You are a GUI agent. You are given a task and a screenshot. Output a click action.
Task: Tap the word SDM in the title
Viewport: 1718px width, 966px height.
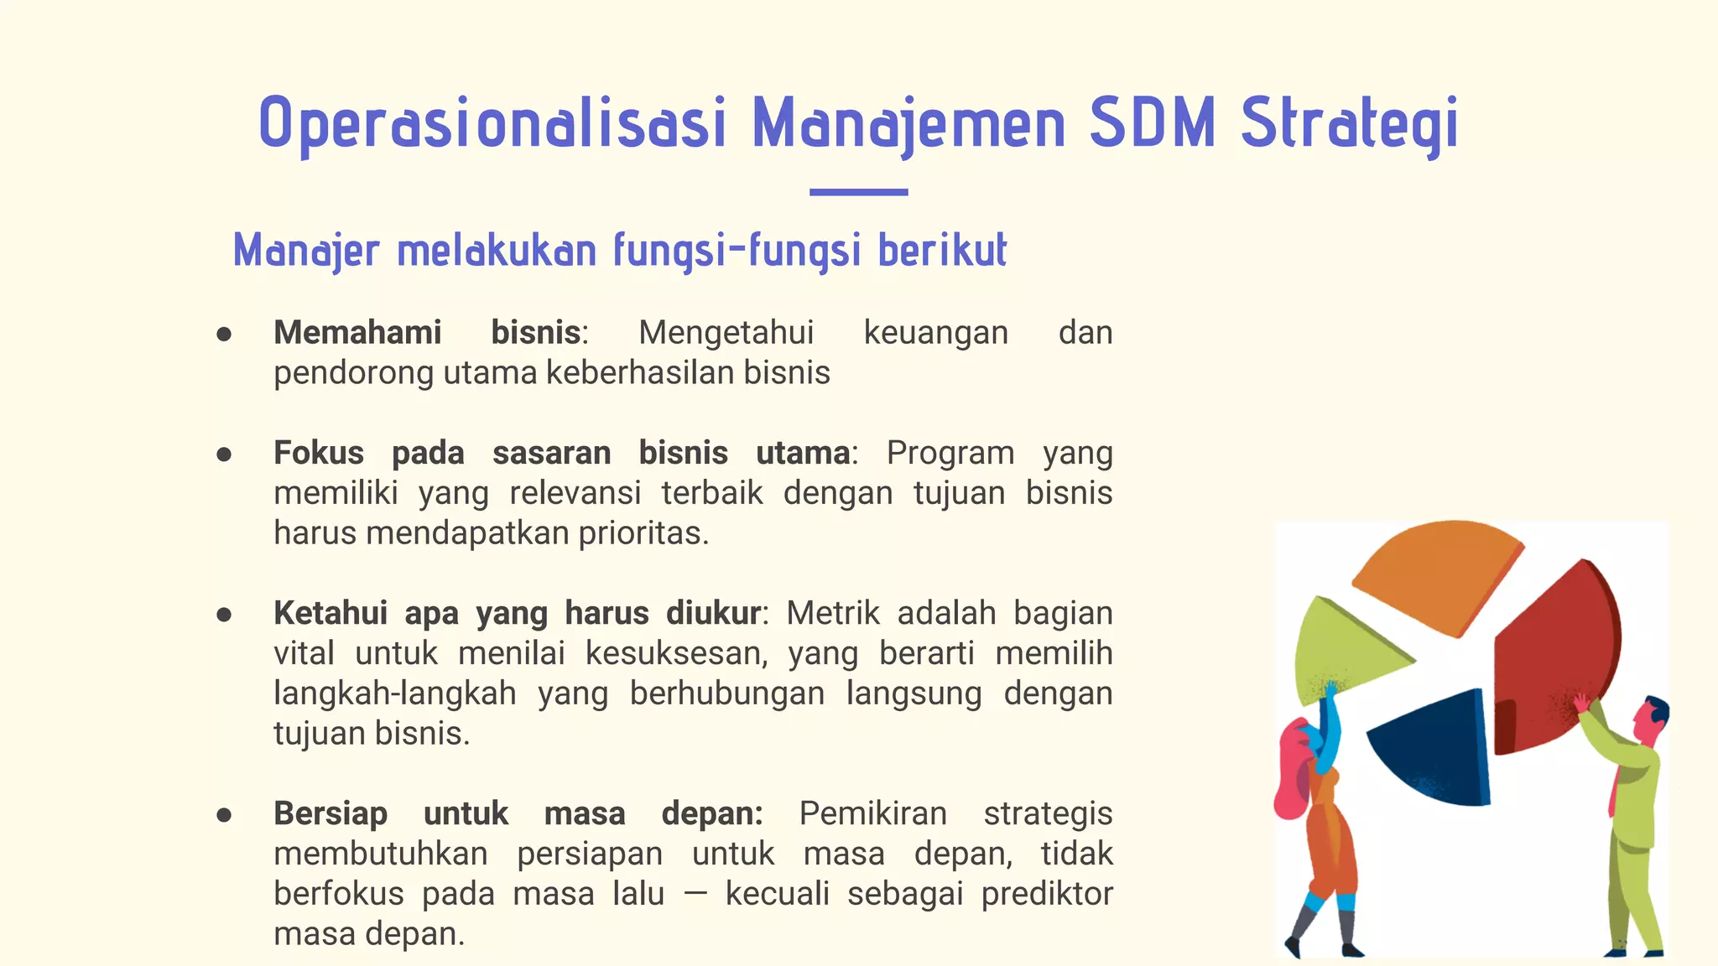point(1152,124)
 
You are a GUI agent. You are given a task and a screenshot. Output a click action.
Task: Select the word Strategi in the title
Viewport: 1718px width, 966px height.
point(1350,124)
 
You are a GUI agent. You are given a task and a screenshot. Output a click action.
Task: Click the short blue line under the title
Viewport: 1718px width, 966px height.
point(858,192)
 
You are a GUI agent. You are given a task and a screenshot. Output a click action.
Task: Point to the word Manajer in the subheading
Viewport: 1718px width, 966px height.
point(306,251)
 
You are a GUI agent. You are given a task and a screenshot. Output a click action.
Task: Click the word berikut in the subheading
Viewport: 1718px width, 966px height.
point(942,251)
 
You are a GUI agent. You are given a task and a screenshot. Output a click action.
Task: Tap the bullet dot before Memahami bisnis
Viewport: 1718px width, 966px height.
point(224,334)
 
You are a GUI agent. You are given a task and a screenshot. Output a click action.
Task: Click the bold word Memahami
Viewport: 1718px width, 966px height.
point(357,333)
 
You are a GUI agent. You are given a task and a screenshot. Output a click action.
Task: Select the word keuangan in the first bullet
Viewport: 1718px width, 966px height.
point(935,333)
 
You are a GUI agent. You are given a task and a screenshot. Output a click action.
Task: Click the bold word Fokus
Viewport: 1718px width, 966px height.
point(319,453)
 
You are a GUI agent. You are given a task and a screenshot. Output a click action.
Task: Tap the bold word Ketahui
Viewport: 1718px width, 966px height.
point(331,613)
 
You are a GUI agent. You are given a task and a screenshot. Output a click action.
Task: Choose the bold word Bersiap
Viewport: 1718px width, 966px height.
point(331,813)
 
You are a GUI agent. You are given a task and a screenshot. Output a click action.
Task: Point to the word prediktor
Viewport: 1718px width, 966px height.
point(1047,894)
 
